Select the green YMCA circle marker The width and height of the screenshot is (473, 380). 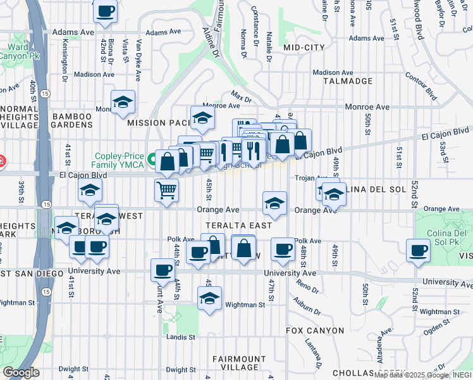pyautogui.click(x=152, y=161)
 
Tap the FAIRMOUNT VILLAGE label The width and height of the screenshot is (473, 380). pyautogui.click(x=235, y=363)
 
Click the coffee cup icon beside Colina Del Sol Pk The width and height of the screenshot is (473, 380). pyautogui.click(x=418, y=250)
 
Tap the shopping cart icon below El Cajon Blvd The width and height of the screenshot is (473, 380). pyautogui.click(x=166, y=189)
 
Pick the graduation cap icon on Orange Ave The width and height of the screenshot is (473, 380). pyautogui.click(x=274, y=202)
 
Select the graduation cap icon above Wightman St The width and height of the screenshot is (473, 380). pyautogui.click(x=209, y=298)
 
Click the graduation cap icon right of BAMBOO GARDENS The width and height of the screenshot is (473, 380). pyautogui.click(x=123, y=101)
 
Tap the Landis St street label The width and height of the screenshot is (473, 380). pyautogui.click(x=180, y=338)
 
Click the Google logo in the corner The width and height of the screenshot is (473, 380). pyautogui.click(x=21, y=372)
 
